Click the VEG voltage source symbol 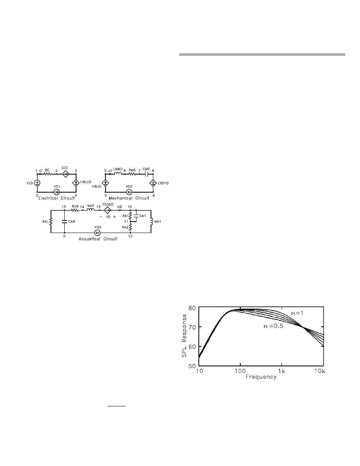click(x=37, y=183)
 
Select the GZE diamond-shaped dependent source click(x=65, y=174)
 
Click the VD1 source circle click(x=56, y=192)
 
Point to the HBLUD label click(x=86, y=182)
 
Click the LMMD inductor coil click(x=118, y=173)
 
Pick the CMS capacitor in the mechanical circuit click(x=146, y=174)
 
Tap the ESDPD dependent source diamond click(x=153, y=183)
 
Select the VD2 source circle click(x=129, y=192)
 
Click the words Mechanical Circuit click(x=129, y=198)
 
